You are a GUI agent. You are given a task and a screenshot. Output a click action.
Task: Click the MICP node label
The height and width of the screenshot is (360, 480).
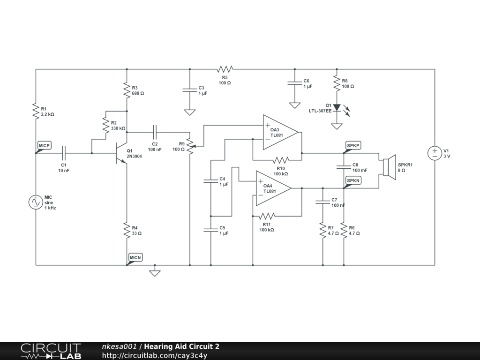tap(45, 146)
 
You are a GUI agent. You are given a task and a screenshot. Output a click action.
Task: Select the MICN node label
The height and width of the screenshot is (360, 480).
tap(135, 257)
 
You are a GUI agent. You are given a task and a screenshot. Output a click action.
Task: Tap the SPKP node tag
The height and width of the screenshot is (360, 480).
tap(353, 146)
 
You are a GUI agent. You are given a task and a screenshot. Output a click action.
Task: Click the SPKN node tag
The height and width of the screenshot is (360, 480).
tap(353, 180)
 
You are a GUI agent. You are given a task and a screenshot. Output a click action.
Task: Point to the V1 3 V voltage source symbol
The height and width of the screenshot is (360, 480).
tap(435, 153)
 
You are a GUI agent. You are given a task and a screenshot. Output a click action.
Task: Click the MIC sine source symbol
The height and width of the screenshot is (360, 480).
tap(36, 202)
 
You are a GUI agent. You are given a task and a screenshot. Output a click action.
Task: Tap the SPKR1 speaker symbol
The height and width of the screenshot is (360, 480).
tap(389, 167)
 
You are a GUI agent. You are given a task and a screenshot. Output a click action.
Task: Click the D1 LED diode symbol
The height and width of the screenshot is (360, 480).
tap(337, 108)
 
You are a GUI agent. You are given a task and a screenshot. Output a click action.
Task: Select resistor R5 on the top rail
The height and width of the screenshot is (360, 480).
tap(225, 69)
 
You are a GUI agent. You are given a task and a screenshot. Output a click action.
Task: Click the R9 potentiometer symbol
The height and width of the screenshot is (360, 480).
tap(190, 146)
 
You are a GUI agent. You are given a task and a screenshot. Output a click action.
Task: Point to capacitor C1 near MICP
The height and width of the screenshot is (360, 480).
tap(64, 153)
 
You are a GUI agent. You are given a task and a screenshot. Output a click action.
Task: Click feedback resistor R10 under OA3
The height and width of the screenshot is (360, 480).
tap(280, 160)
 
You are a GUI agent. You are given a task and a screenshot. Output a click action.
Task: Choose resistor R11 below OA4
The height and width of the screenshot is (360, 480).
tap(267, 216)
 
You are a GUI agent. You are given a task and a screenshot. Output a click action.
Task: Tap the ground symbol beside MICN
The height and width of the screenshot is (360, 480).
tap(155, 272)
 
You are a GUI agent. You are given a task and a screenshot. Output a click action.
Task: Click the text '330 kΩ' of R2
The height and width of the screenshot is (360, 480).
tap(118, 128)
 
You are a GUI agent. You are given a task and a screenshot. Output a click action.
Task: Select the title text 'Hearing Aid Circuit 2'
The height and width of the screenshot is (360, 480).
tap(181, 347)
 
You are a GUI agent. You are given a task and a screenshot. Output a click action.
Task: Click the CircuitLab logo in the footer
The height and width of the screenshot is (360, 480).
tap(51, 351)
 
